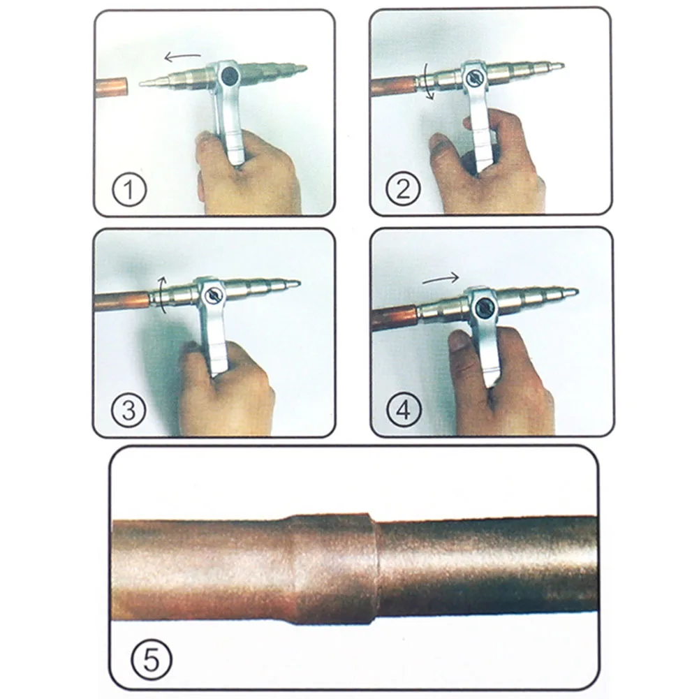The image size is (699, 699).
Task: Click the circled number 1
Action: (x=129, y=189)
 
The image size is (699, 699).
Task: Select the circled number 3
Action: (x=128, y=410)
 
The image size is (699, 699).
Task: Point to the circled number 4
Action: (x=404, y=410)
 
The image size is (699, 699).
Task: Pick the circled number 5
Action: (x=151, y=660)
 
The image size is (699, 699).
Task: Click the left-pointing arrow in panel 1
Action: (x=183, y=57)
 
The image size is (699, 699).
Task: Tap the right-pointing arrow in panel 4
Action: (x=441, y=279)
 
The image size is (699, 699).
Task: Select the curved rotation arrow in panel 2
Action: (x=429, y=81)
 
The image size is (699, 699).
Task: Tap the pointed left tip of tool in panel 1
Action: (x=140, y=83)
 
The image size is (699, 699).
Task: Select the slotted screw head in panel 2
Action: (x=474, y=79)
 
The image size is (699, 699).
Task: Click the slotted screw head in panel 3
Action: (x=214, y=295)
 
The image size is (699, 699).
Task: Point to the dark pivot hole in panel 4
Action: (x=484, y=307)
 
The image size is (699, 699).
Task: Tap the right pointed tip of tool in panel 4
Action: (x=577, y=292)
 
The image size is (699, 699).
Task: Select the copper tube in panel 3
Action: (x=122, y=300)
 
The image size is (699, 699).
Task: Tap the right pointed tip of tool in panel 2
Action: (x=564, y=66)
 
